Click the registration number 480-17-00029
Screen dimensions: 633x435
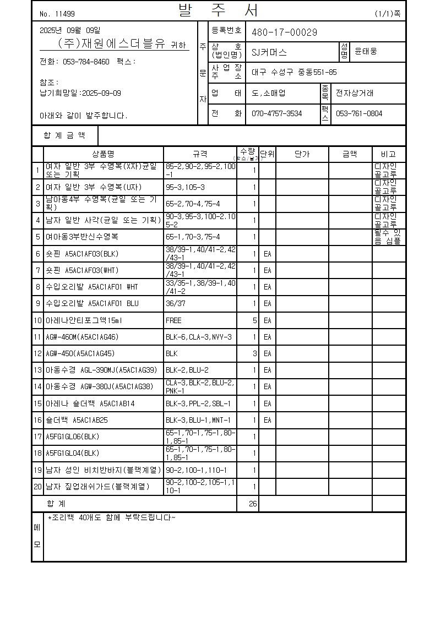coord(284,32)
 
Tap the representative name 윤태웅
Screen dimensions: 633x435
coord(366,52)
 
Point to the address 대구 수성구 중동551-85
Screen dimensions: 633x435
coord(294,72)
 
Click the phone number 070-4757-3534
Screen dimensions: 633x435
coord(276,114)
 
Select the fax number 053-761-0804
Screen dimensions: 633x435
coord(358,114)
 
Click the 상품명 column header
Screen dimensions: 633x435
coord(103,154)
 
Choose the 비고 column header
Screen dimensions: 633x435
coord(389,154)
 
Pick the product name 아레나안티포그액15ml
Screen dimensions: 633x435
coord(83,320)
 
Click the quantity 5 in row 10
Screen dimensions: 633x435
coord(254,320)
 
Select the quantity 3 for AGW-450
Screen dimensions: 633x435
coord(254,353)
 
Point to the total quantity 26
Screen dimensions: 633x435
coord(253,504)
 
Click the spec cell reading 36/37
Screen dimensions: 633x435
coord(176,303)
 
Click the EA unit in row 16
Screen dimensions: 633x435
coord(267,420)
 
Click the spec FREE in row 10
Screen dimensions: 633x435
coord(173,320)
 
